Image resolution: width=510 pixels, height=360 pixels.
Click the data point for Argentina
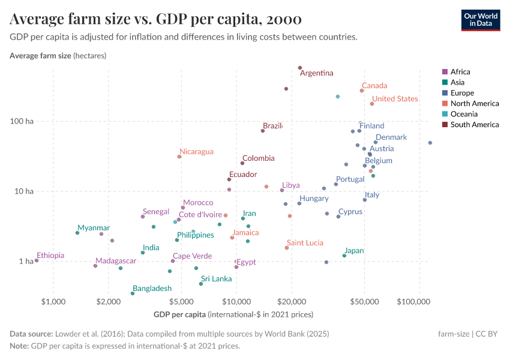pyautogui.click(x=300, y=68)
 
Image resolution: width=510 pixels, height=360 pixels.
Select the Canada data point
pyautogui.click(x=362, y=91)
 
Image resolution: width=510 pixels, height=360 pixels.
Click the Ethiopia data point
pyautogui.click(x=37, y=260)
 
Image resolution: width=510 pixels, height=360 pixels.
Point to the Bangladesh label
pyautogui.click(x=152, y=289)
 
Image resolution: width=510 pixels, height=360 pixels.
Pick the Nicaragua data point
pyautogui.click(x=179, y=157)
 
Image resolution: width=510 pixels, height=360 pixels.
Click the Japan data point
pyautogui.click(x=344, y=256)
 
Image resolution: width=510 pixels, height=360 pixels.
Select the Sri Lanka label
pyautogui.click(x=216, y=279)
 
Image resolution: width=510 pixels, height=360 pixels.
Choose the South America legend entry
pyautogui.click(x=474, y=125)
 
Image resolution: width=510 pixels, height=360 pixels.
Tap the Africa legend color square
pyautogui.click(x=445, y=72)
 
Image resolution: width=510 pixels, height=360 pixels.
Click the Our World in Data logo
pyautogui.click(x=481, y=20)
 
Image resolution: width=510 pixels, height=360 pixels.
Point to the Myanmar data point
pyautogui.click(x=77, y=233)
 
